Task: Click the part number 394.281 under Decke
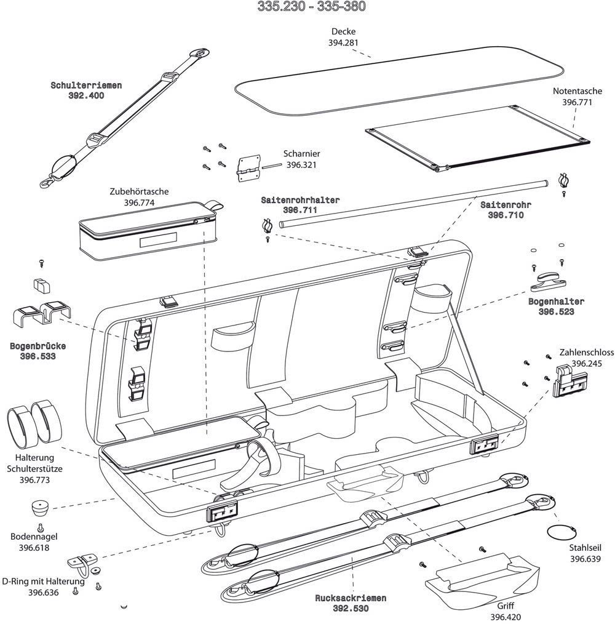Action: [x=343, y=42]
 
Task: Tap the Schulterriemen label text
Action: [x=86, y=86]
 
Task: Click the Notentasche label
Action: [x=577, y=91]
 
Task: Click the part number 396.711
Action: [x=300, y=210]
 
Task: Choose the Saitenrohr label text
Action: [x=506, y=205]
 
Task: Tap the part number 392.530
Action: [x=351, y=609]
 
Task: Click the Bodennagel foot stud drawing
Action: [x=41, y=508]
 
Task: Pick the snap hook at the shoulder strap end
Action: [x=47, y=181]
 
